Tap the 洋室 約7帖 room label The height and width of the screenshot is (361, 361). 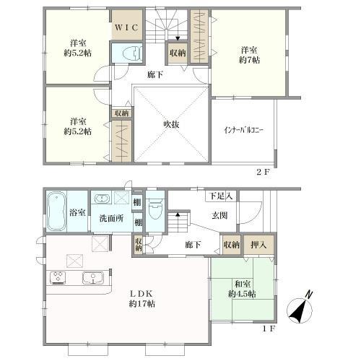coord(249,55)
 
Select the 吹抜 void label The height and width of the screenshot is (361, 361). coord(171,123)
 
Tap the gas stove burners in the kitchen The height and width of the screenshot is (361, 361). coord(57,278)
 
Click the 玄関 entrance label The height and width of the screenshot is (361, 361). coord(219,214)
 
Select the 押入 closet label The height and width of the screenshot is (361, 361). coord(258,245)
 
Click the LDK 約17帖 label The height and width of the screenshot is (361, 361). coord(142,299)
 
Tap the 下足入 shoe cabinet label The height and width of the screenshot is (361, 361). coord(220,196)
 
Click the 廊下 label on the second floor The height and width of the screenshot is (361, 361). coord(155,74)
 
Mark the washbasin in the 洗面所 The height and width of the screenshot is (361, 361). coord(103,199)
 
